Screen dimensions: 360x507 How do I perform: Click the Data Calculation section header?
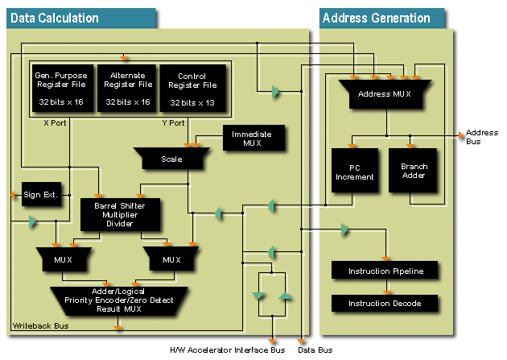(55, 18)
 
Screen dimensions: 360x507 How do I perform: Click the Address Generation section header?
(376, 18)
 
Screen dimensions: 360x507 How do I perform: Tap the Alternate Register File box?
(130, 89)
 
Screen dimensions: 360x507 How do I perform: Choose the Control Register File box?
(192, 89)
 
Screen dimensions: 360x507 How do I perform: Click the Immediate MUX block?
(252, 139)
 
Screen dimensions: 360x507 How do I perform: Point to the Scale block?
(171, 159)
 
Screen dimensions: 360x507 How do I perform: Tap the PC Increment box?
(353, 171)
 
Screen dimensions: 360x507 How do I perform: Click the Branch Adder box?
(413, 171)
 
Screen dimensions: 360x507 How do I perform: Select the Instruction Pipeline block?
(385, 270)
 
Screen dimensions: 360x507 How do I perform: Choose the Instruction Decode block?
(385, 303)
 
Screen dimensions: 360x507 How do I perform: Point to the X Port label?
(55, 123)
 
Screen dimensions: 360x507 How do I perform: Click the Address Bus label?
(482, 136)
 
